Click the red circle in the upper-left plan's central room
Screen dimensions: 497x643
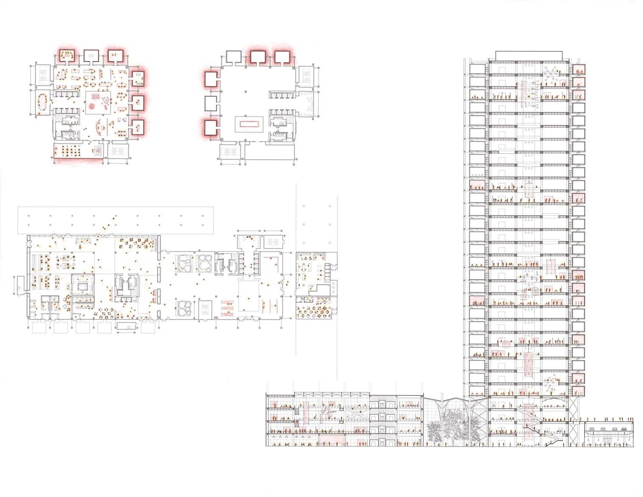(92, 106)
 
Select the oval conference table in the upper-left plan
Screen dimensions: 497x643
(41, 102)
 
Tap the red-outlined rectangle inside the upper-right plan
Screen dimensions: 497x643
(250, 124)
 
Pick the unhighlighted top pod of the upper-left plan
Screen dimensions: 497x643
(91, 56)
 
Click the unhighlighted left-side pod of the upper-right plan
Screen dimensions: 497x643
(211, 103)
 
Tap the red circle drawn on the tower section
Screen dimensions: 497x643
(506, 343)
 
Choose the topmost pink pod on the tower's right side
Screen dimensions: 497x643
(579, 70)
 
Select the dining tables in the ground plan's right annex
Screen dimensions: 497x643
(313, 311)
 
